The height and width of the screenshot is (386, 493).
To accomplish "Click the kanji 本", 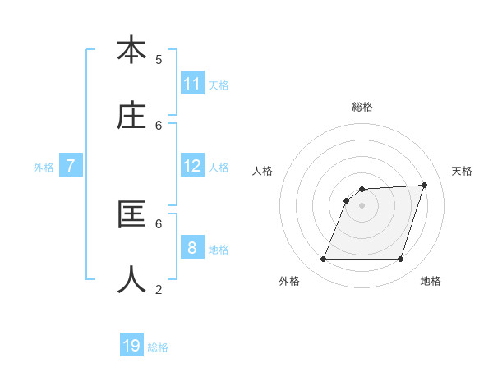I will [x=131, y=50].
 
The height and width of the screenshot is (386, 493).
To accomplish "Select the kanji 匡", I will [x=131, y=214].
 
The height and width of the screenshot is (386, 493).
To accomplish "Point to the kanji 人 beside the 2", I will [x=131, y=279].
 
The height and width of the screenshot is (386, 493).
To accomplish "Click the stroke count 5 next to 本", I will [x=159, y=59].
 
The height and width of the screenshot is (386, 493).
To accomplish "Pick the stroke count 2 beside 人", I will [x=159, y=289].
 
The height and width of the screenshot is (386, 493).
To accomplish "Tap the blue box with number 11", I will [x=192, y=84].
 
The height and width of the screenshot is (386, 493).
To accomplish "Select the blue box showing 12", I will [x=192, y=166].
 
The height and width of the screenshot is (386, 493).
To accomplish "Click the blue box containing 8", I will [x=192, y=248].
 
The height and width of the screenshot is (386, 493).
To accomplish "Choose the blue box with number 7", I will [x=71, y=166].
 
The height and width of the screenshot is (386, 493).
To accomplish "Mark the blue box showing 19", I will [x=131, y=346].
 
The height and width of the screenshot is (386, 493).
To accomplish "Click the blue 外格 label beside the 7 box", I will [x=44, y=168].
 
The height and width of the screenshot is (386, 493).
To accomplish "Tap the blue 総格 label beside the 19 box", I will [x=158, y=347].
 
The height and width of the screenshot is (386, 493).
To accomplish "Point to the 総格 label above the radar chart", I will [x=362, y=107].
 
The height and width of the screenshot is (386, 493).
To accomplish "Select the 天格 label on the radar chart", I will [x=462, y=171].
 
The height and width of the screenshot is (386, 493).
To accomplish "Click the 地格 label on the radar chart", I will [x=431, y=281].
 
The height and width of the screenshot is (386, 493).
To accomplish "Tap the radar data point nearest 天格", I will [x=425, y=185].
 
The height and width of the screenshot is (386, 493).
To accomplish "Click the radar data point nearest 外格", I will [x=324, y=260].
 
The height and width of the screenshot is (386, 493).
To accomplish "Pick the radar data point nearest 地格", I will [x=400, y=260].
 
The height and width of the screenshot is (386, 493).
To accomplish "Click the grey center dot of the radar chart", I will [x=362, y=205].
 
